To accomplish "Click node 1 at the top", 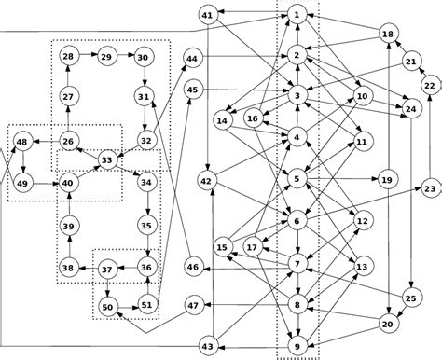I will [x=297, y=15].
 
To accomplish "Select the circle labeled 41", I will [x=208, y=15].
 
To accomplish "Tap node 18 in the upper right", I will [x=390, y=34].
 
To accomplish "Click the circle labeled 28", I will [x=68, y=57].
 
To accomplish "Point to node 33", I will [x=106, y=160].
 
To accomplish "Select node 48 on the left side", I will [x=21, y=141].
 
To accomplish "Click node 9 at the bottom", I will [x=297, y=347].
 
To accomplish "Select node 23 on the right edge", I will [x=430, y=189].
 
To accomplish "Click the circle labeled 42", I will [x=207, y=180].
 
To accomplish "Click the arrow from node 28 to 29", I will [x=87, y=57].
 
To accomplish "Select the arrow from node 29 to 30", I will [x=125, y=57].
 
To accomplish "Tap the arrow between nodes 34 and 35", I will [x=145, y=204].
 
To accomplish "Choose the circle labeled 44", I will [x=193, y=58].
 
